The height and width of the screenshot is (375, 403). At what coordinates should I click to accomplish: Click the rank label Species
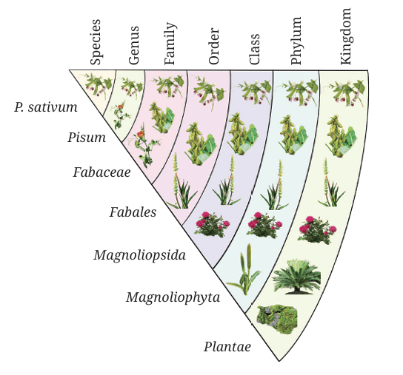click(96, 42)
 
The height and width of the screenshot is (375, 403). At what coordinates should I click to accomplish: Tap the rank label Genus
click(134, 45)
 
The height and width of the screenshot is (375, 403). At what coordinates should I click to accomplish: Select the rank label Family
click(170, 44)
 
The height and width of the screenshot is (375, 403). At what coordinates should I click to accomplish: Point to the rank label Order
click(214, 46)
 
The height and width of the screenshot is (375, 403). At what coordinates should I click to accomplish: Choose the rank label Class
click(254, 49)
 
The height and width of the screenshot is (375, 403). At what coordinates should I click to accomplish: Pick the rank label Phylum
click(296, 41)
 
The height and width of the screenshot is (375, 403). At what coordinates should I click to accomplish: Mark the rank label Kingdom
click(345, 36)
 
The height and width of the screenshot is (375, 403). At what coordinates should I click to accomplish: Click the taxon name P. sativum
click(46, 107)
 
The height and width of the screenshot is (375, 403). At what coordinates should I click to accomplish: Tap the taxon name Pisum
click(87, 138)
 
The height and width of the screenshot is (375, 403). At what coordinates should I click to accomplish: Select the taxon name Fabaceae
click(101, 172)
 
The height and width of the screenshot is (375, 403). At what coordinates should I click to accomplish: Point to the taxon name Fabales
click(133, 212)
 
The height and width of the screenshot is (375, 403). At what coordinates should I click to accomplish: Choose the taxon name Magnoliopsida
click(139, 255)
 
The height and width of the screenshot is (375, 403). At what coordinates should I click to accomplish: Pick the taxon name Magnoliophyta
click(173, 297)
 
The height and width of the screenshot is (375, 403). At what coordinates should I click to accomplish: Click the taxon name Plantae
click(227, 347)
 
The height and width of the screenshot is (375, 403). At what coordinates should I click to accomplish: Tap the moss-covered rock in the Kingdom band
click(277, 319)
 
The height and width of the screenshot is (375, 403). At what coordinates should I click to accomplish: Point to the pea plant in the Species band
click(96, 84)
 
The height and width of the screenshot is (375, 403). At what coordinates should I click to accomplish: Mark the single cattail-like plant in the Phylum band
click(244, 269)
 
